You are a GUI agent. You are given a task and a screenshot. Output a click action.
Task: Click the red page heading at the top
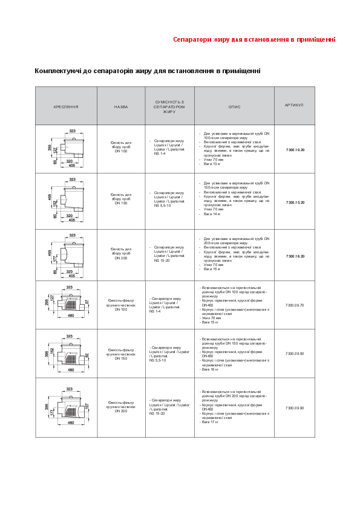pyautogui.click(x=254, y=40)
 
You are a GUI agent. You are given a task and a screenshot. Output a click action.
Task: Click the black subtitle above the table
pyautogui.click(x=148, y=71)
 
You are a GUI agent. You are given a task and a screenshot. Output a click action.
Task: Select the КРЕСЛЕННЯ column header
pyautogui.click(x=66, y=106)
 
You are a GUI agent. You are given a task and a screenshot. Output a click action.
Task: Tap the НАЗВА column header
pyautogui.click(x=121, y=106)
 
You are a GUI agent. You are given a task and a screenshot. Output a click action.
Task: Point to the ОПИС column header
pyautogui.click(x=234, y=106)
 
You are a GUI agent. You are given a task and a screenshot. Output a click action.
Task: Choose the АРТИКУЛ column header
pyautogui.click(x=294, y=105)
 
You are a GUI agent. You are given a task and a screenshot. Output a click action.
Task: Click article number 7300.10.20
pyautogui.click(x=295, y=149)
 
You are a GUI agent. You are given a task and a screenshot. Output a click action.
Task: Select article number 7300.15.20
pyautogui.click(x=295, y=202)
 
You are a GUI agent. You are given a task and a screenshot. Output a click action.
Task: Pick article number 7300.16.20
pyautogui.click(x=295, y=256)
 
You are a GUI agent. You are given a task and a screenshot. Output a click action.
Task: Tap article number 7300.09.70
pyautogui.click(x=295, y=305)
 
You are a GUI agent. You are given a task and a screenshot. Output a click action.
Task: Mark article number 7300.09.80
pyautogui.click(x=295, y=354)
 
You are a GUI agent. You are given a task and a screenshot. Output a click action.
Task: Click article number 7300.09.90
pyautogui.click(x=295, y=408)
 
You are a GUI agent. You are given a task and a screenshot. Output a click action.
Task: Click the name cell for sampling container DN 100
pyautogui.click(x=121, y=147)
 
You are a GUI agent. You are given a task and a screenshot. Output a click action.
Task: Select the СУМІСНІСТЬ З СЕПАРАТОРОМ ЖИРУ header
pyautogui.click(x=169, y=106)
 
